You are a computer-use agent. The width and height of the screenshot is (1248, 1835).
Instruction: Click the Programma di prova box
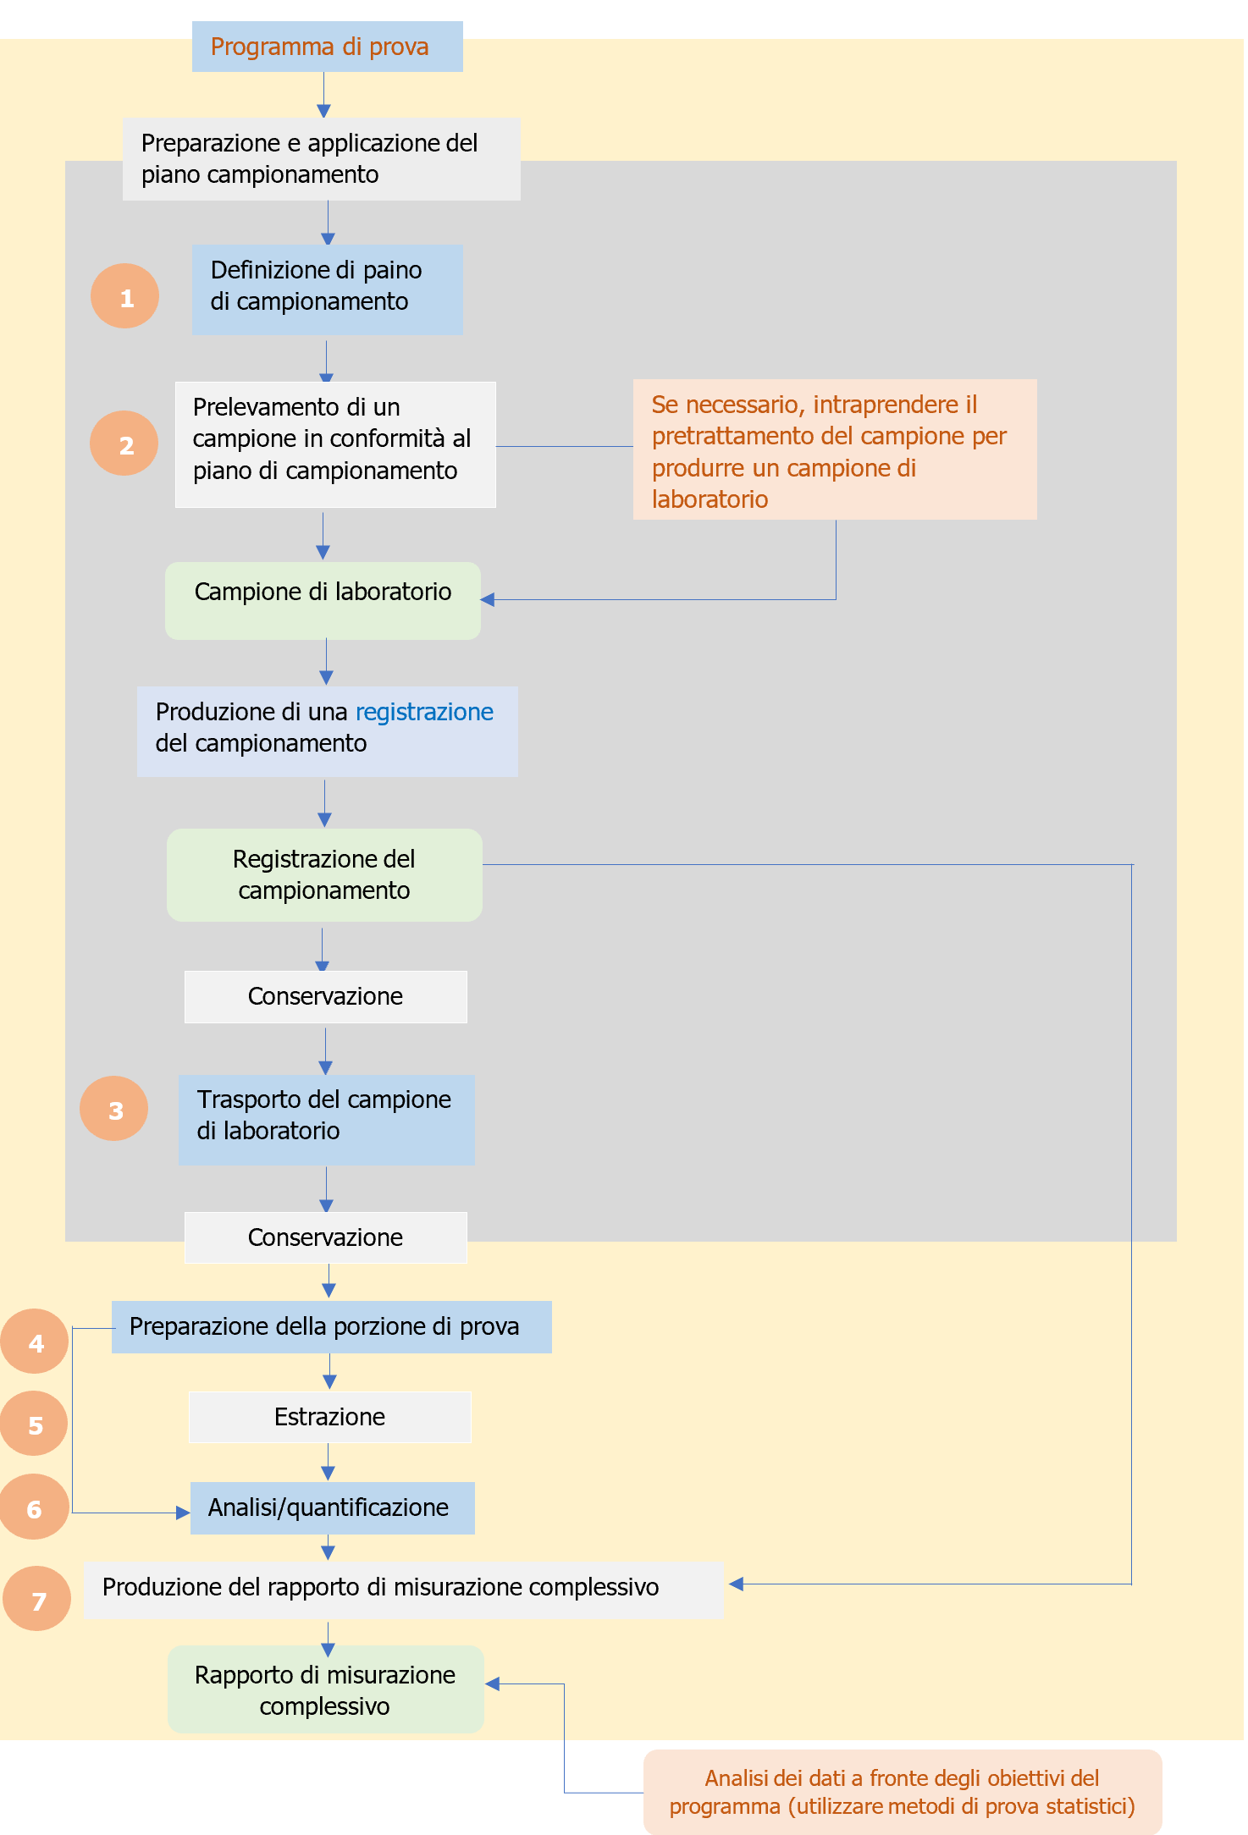tap(327, 47)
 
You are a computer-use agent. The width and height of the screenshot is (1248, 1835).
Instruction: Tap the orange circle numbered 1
tap(125, 296)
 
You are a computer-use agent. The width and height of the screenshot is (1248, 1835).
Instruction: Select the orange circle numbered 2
tap(124, 444)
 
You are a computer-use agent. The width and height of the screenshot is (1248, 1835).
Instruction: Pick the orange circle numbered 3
tap(114, 1109)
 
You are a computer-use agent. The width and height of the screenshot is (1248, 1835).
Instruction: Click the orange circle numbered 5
tap(34, 1424)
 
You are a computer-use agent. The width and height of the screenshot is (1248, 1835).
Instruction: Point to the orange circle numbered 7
tap(37, 1599)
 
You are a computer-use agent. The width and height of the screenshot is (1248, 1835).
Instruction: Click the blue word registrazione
tap(424, 712)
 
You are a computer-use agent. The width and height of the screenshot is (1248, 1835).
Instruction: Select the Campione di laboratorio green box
tap(323, 600)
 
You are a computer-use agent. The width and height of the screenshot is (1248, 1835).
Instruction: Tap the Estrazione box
tap(329, 1417)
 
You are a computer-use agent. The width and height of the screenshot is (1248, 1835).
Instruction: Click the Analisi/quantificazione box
tap(332, 1508)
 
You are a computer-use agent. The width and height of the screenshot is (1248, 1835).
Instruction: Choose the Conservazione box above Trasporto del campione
tap(325, 996)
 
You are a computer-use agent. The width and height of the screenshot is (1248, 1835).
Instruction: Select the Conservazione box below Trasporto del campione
tap(325, 1237)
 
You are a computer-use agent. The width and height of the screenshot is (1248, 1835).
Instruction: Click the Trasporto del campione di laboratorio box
tap(326, 1120)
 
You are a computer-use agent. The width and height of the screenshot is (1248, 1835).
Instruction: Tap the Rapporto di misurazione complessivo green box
tap(325, 1689)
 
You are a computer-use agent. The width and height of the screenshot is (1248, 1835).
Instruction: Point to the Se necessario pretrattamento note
tap(834, 449)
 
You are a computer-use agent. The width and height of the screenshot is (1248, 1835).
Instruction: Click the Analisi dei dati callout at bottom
tap(902, 1792)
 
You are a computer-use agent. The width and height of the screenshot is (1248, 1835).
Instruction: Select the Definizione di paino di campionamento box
tap(327, 289)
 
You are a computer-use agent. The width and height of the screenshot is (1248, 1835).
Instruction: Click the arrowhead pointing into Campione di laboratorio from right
tap(488, 599)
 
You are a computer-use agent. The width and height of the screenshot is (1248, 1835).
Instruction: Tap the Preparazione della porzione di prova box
tap(331, 1326)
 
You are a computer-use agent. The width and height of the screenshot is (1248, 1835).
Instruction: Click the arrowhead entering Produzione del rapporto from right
tap(736, 1584)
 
